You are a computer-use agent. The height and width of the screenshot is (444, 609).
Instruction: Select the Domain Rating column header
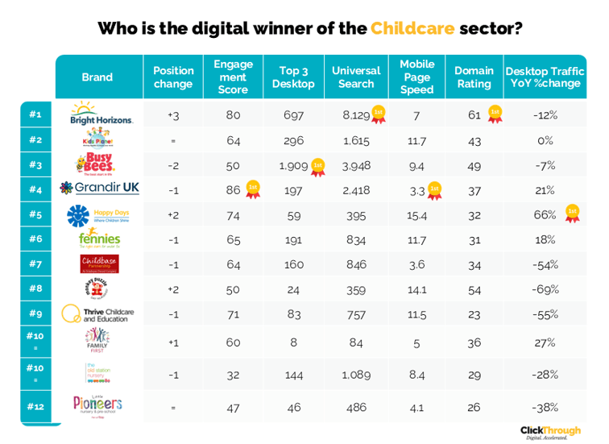click(x=474, y=77)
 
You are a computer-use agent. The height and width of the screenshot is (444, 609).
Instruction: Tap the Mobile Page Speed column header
click(x=416, y=77)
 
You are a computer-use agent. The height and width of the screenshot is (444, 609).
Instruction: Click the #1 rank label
click(x=35, y=114)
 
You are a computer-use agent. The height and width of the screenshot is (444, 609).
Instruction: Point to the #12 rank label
click(x=35, y=406)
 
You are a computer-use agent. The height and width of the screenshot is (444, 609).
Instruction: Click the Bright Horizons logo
click(x=101, y=114)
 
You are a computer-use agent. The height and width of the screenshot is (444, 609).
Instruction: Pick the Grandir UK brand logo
click(x=100, y=188)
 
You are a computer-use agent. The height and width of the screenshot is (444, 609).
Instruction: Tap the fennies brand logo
click(x=100, y=239)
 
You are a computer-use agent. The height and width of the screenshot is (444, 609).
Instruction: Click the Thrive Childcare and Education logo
click(x=98, y=314)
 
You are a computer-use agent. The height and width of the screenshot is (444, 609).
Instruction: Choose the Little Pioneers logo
click(x=97, y=405)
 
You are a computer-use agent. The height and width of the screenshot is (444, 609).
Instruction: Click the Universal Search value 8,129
click(x=356, y=115)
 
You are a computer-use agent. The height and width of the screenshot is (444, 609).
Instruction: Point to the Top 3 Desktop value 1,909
click(x=294, y=165)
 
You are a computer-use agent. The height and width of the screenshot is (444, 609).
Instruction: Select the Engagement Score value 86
click(x=233, y=190)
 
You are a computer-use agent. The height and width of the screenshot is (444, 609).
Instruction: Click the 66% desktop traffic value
click(x=545, y=215)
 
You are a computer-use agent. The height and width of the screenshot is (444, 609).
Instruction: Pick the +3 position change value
click(x=173, y=115)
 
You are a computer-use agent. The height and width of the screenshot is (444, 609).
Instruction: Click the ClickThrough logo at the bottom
click(x=550, y=432)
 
